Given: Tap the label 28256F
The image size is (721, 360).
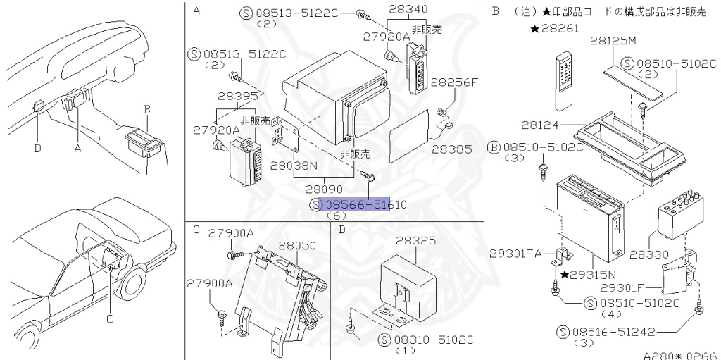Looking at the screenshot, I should point(454,82).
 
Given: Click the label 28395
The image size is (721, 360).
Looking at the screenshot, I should point(218,96).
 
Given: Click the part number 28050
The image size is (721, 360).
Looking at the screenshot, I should point(297,245).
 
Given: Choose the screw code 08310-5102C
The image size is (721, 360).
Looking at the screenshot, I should point(426,339).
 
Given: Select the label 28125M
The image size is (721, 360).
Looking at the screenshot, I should point(613,41).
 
